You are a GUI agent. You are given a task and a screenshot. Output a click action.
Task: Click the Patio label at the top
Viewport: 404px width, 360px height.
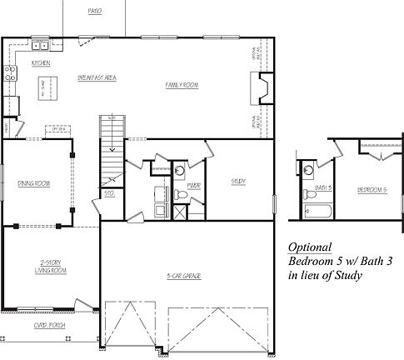click(x=94, y=12)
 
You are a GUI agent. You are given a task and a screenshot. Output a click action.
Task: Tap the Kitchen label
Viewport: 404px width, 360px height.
click(x=41, y=63)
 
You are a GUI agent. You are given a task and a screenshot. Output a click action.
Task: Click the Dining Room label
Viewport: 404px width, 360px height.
click(x=34, y=182)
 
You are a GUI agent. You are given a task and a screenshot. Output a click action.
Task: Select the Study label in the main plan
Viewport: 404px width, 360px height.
click(x=237, y=181)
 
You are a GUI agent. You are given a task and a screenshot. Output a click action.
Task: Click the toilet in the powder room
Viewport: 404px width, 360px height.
click(x=189, y=197)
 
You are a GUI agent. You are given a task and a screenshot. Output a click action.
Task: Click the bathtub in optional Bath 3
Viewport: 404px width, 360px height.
click(x=317, y=210)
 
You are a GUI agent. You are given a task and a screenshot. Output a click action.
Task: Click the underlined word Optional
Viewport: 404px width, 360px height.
click(x=310, y=247)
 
